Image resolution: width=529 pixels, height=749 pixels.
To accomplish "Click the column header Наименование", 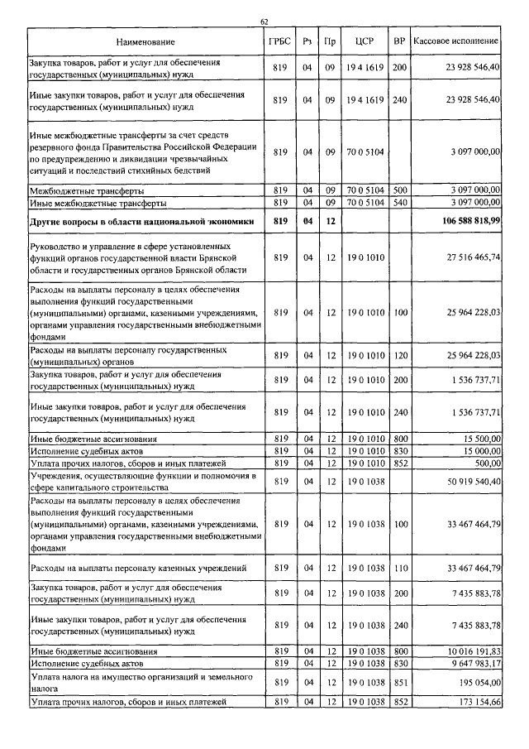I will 145,41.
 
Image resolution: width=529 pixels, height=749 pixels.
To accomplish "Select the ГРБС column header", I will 279,41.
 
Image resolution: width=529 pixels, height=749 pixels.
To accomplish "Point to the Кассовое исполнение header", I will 455,41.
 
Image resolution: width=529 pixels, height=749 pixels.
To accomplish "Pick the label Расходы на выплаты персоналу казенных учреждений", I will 139,568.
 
